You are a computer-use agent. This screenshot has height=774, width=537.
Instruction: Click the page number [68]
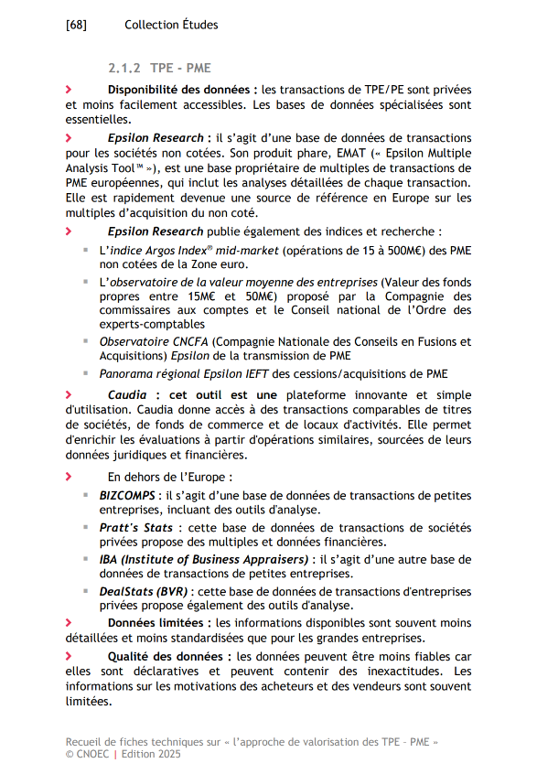click(x=76, y=25)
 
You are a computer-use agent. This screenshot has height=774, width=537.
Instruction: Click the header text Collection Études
click(x=171, y=25)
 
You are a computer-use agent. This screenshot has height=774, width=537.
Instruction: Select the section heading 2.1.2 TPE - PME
click(x=159, y=69)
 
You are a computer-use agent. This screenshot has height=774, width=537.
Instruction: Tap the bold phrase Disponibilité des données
click(x=179, y=90)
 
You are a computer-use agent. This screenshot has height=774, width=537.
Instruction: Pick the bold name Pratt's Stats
click(x=135, y=528)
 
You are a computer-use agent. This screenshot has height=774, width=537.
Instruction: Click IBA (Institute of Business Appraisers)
click(x=205, y=559)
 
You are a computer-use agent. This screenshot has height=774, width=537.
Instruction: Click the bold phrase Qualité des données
click(x=167, y=657)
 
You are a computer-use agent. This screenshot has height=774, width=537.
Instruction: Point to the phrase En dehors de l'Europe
click(x=170, y=477)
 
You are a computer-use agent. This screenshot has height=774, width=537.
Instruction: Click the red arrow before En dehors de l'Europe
click(x=69, y=477)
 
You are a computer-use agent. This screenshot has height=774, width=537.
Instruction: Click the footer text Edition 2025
click(x=152, y=754)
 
